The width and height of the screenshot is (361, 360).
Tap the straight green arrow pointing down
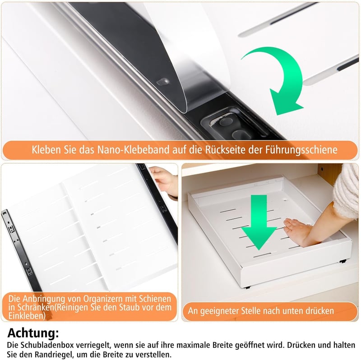click(x=259, y=221)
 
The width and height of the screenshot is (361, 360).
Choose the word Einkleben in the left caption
click(x=27, y=316)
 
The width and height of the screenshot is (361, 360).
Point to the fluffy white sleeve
click(x=347, y=191)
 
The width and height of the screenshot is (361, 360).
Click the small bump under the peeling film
click(x=163, y=82)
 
